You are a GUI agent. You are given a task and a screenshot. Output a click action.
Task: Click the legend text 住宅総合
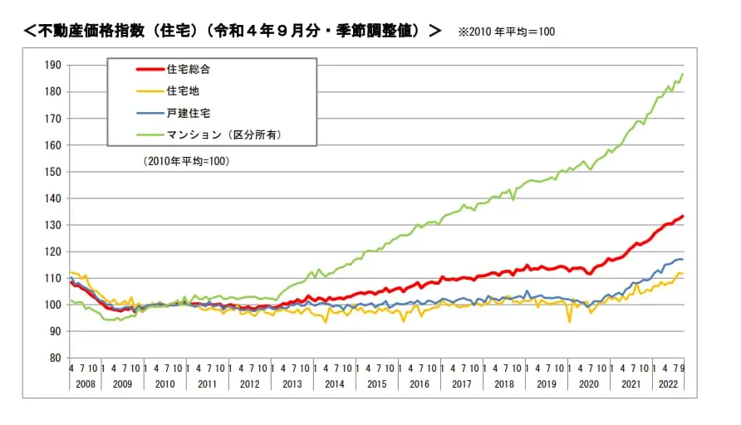[x=183, y=69]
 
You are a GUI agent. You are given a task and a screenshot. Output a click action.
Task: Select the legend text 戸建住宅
[x=183, y=112]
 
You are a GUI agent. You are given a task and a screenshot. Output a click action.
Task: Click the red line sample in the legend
[x=137, y=69]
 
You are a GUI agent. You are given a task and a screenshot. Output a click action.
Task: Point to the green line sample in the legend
[x=137, y=134]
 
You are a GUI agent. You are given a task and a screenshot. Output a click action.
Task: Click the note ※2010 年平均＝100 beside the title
[x=506, y=32]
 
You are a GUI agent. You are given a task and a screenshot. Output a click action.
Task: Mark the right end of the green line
[x=683, y=75]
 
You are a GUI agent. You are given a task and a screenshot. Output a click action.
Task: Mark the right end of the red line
[x=683, y=217]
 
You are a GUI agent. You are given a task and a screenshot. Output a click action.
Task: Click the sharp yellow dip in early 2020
[x=569, y=321]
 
